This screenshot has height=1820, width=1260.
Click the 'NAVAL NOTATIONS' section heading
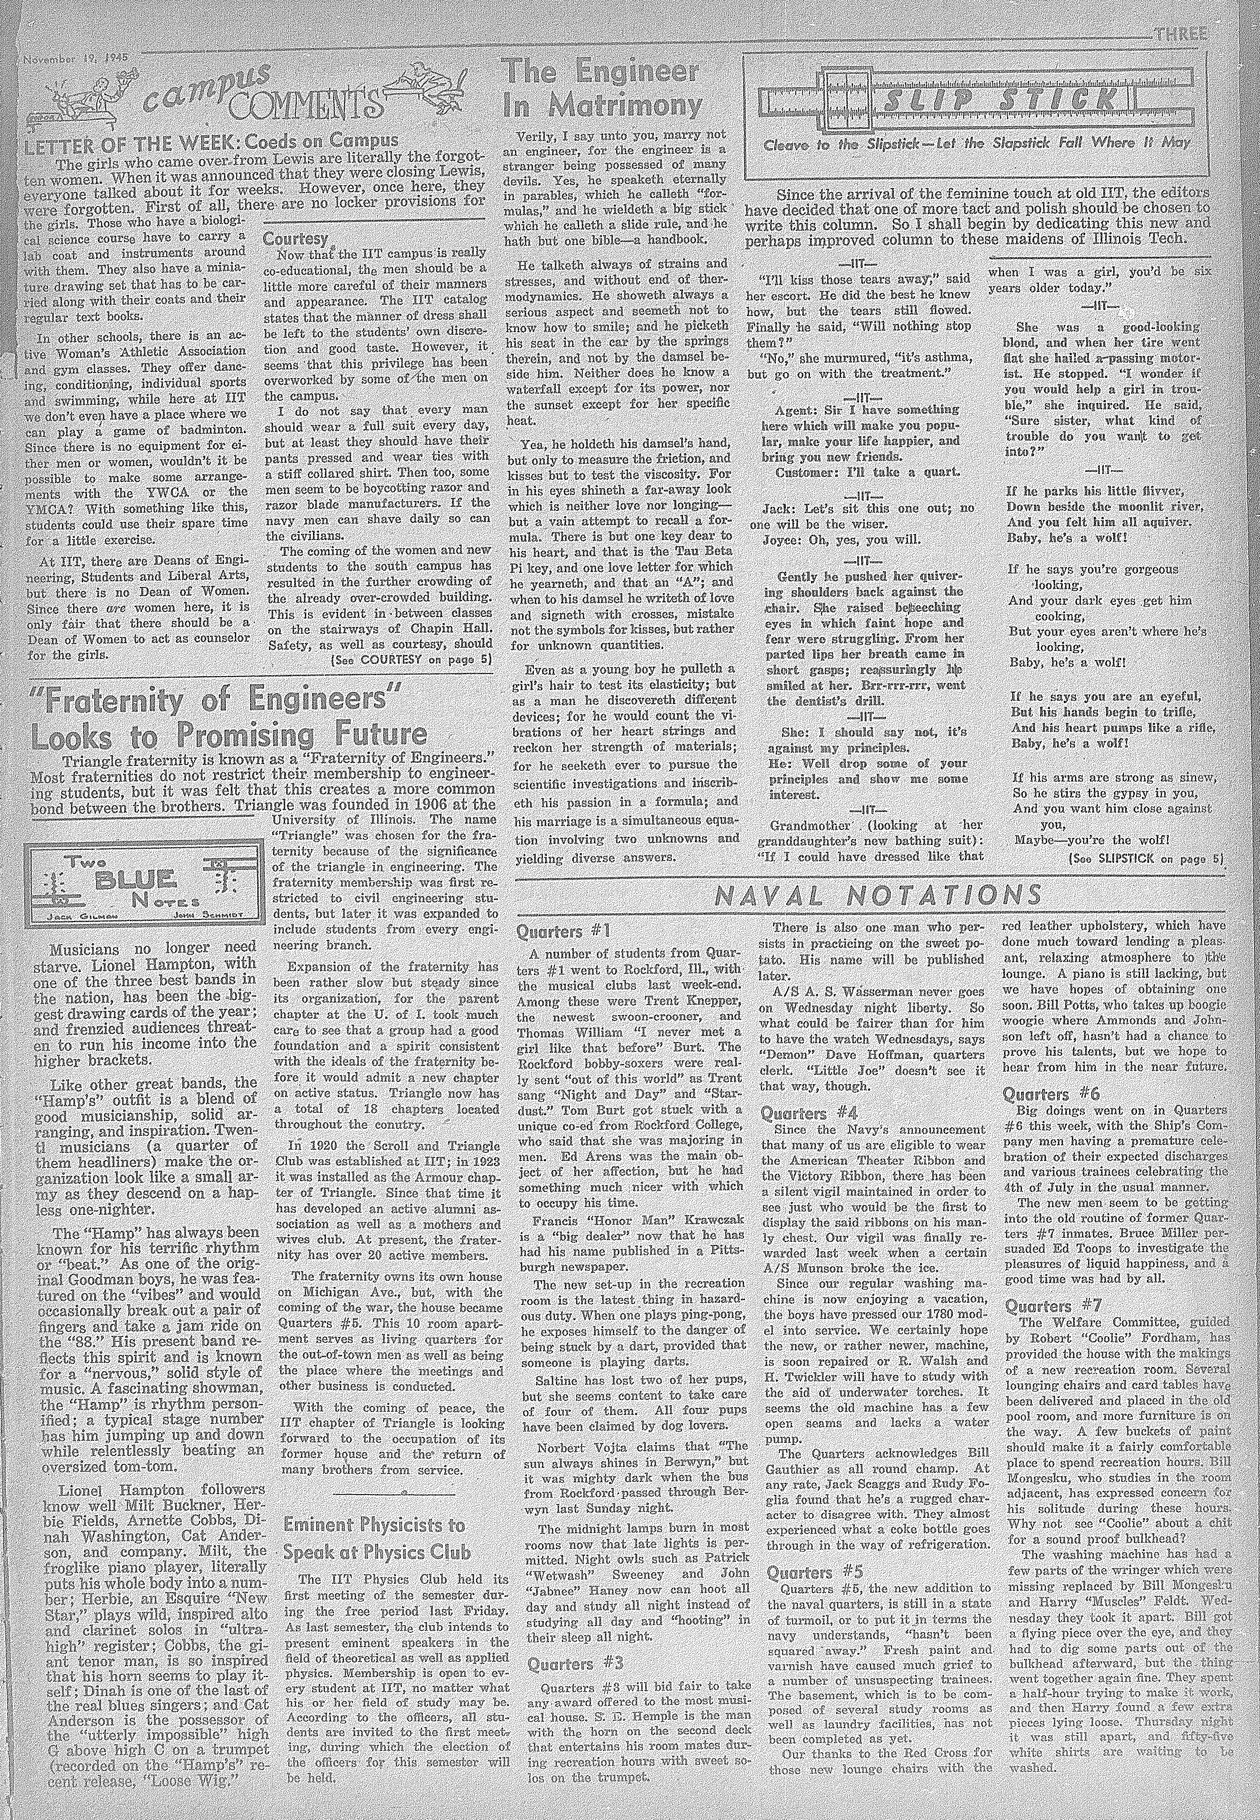pos(877,896)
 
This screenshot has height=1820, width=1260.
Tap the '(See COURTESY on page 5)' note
pos(410,659)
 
